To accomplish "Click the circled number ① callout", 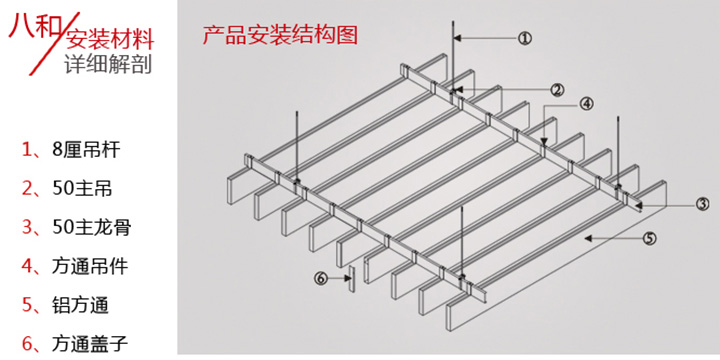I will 524,39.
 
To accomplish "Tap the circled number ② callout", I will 557,89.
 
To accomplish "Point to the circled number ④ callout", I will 586,103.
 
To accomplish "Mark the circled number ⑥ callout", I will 321,277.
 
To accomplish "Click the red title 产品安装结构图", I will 279,36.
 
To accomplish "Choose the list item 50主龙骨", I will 91,227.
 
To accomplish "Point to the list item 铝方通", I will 80,305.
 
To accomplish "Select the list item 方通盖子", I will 89,343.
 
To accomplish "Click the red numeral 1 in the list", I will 27,151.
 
